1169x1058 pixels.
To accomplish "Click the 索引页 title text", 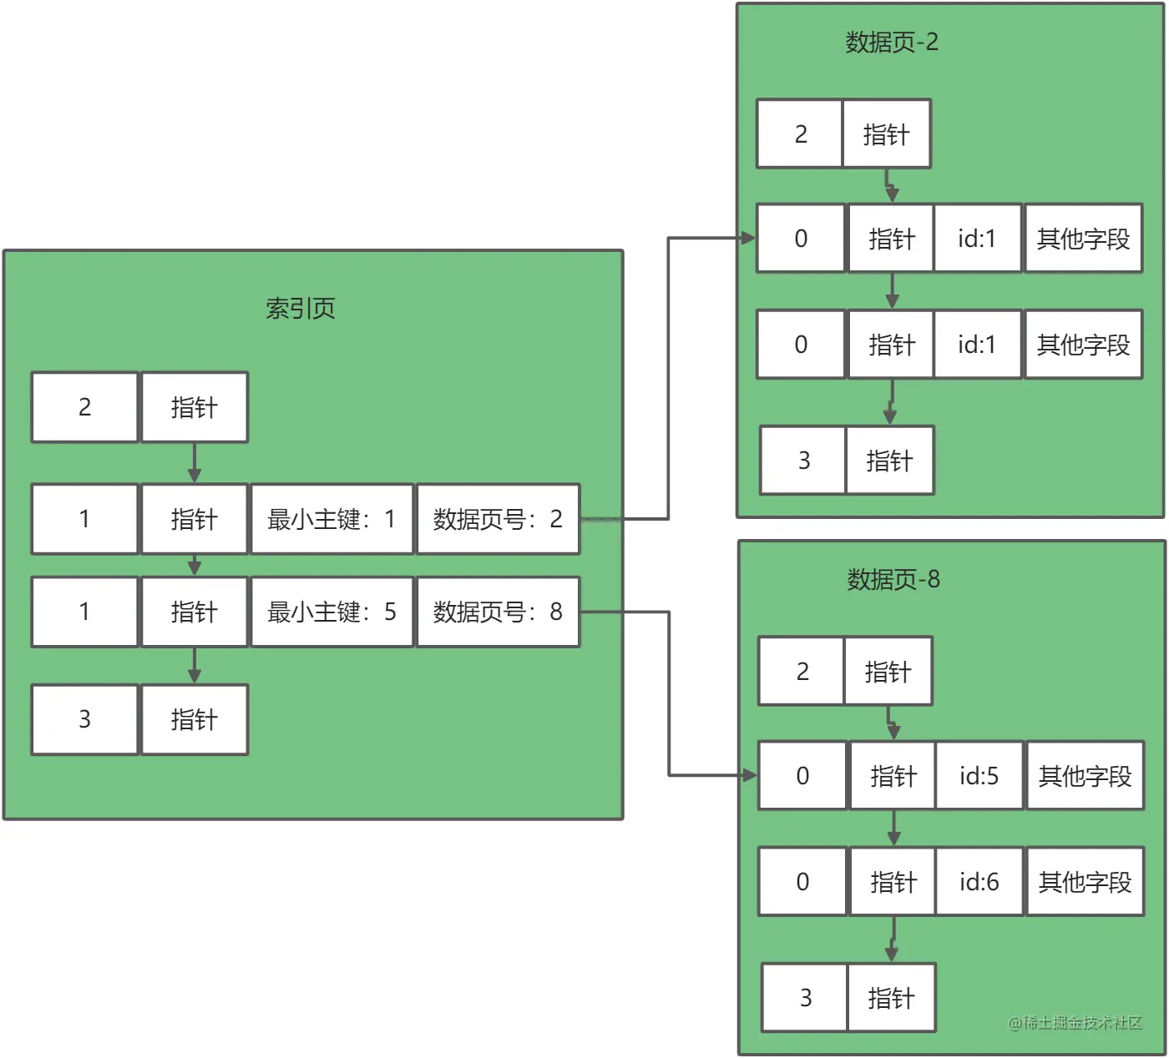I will click(301, 309).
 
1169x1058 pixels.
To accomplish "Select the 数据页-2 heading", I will click(892, 43).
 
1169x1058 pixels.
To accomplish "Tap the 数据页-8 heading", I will click(893, 579).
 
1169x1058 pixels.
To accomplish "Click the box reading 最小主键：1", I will click(332, 519).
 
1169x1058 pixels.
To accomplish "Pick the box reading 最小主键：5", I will click(332, 612).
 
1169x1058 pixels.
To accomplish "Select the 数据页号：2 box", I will click(498, 519).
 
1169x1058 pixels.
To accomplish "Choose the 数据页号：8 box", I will click(498, 612).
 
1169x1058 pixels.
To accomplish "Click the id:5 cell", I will click(979, 776).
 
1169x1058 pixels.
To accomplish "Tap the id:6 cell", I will click(979, 882).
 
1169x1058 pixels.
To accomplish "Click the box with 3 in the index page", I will click(84, 719).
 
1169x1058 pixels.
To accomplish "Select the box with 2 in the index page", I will click(84, 407).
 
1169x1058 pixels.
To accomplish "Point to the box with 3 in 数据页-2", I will click(803, 461).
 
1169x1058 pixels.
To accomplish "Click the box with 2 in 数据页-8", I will click(802, 672).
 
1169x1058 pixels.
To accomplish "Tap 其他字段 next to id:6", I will click(1085, 882).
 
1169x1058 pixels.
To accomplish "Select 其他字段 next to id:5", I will click(1085, 776).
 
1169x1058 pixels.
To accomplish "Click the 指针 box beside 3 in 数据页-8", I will click(891, 998).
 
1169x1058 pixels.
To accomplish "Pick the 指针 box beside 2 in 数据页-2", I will click(886, 134).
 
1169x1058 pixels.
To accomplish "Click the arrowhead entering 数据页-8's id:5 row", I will click(750, 776).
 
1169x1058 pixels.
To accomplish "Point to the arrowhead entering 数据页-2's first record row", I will click(748, 239).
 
